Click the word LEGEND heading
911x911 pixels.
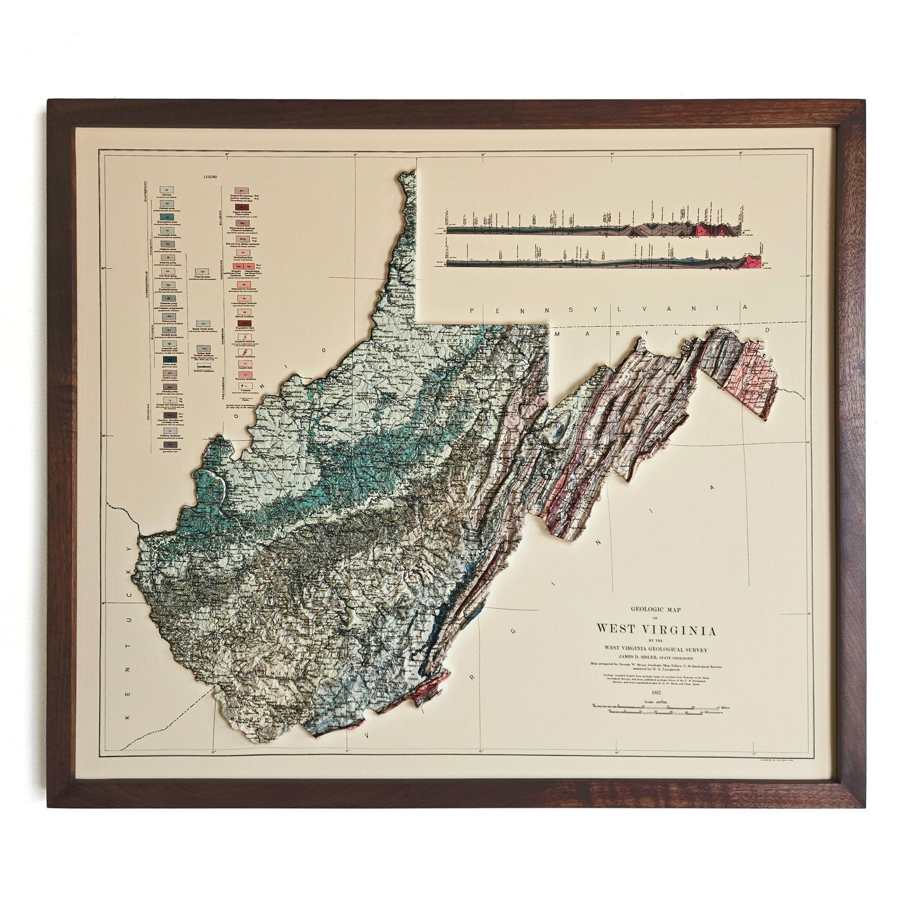click(210, 176)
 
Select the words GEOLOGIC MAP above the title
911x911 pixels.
click(656, 609)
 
